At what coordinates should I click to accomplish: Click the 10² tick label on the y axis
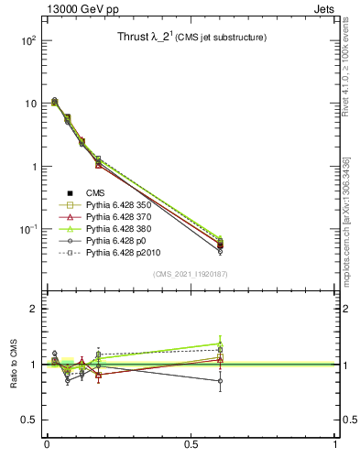27,41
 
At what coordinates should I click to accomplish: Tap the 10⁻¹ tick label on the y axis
27,229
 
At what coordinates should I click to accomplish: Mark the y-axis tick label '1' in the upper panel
33,167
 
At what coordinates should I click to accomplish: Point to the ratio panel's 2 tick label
33,310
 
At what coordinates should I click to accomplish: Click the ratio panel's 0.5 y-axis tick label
28,420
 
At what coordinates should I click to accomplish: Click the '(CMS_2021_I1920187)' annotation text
191,274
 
